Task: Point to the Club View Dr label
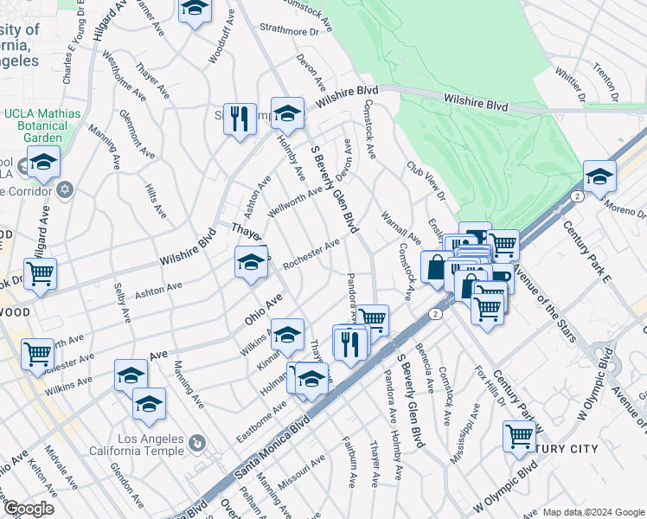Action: (x=426, y=181)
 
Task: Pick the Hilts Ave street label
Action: (x=156, y=199)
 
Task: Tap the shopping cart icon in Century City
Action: (x=519, y=437)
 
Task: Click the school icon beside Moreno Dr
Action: (x=599, y=177)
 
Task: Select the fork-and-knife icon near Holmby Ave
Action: (x=239, y=119)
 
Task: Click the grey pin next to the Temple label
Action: (x=197, y=444)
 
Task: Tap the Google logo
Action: (x=29, y=508)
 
